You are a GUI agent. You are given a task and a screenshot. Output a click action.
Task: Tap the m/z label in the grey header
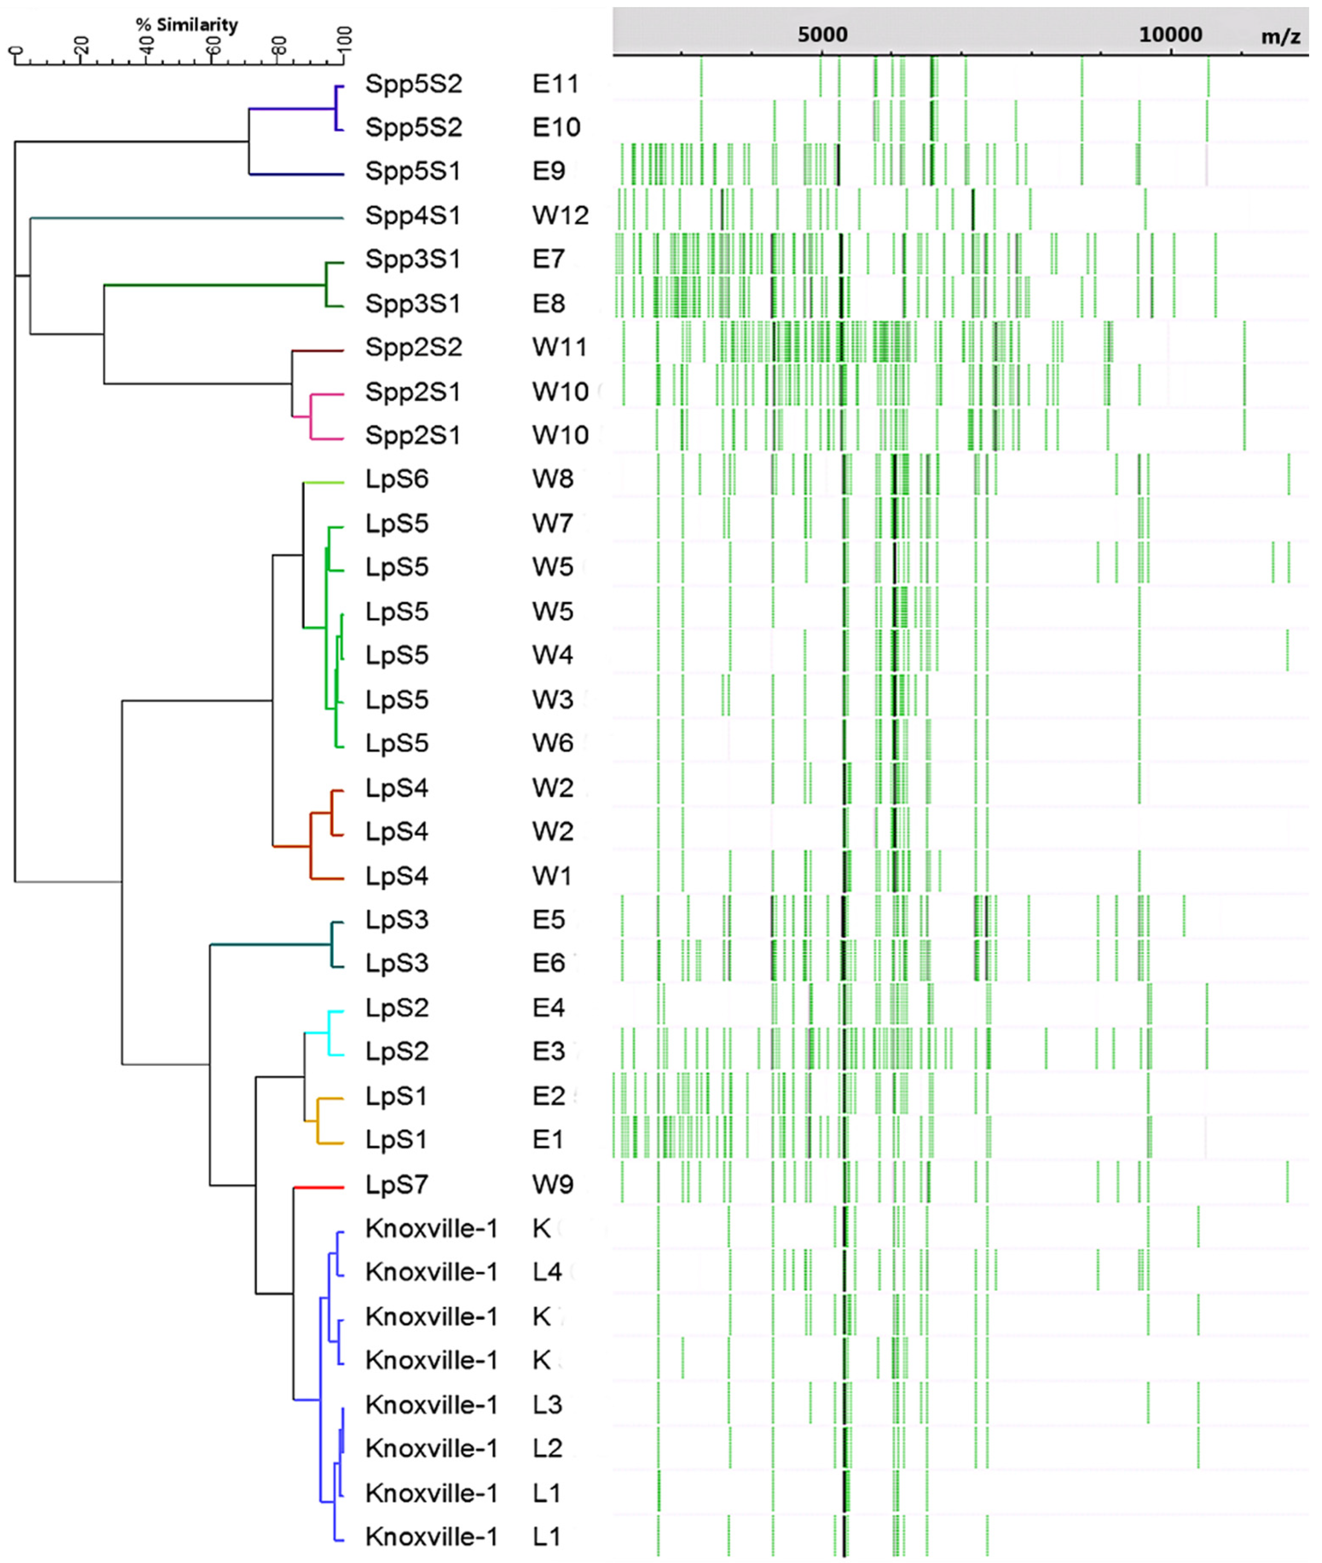coord(1280,36)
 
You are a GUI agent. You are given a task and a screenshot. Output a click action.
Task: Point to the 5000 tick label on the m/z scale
coord(822,35)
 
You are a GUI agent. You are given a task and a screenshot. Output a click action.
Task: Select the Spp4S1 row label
coord(413,215)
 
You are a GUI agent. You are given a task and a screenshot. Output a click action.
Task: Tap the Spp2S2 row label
coord(414,347)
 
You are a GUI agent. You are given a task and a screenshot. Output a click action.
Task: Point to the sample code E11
coord(555,83)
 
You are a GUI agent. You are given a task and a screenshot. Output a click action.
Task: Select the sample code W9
coord(553,1184)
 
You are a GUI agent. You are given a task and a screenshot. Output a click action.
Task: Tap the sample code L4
coord(547,1272)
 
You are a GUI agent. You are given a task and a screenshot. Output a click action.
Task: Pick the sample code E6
coord(549,963)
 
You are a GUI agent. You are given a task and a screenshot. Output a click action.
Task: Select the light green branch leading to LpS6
coord(324,482)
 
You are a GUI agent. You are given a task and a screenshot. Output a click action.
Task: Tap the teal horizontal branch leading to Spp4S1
coord(187,218)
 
